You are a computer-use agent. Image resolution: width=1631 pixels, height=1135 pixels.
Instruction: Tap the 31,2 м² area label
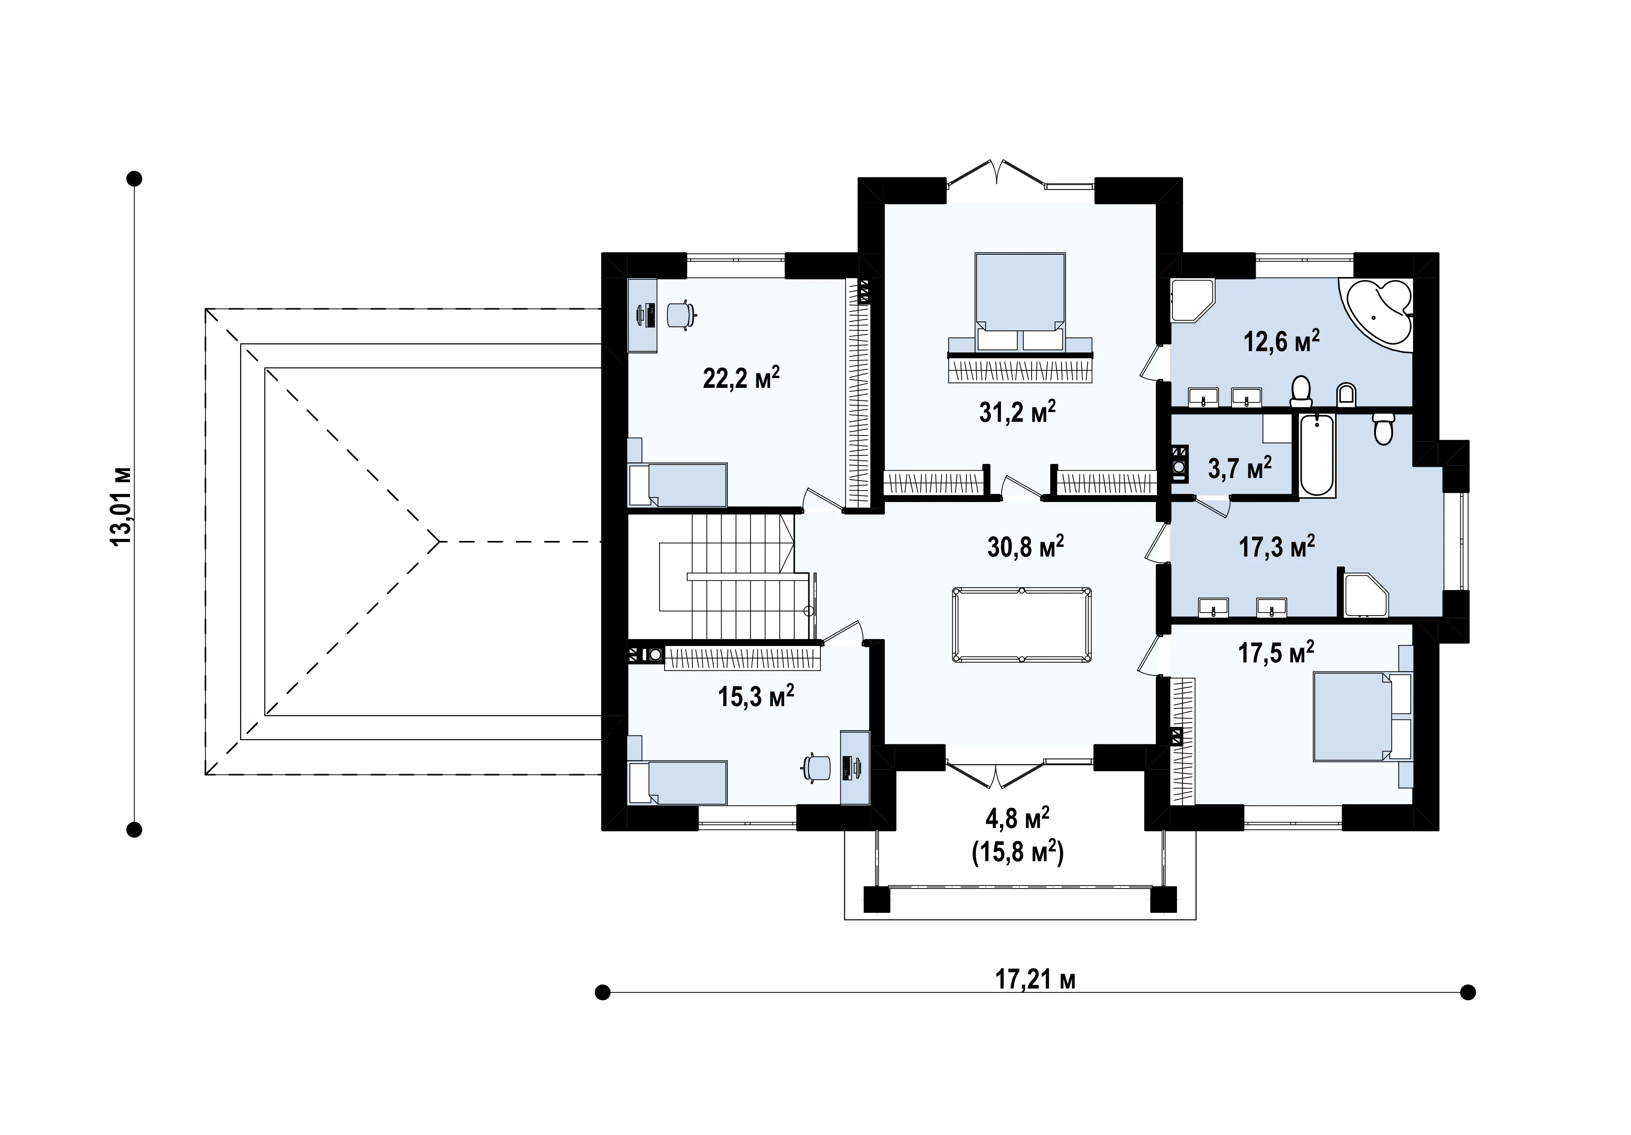[x=1017, y=412]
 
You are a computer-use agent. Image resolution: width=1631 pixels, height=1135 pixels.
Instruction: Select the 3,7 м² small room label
[x=1240, y=468]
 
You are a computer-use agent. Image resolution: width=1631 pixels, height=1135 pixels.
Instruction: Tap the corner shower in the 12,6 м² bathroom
[x=1193, y=300]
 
